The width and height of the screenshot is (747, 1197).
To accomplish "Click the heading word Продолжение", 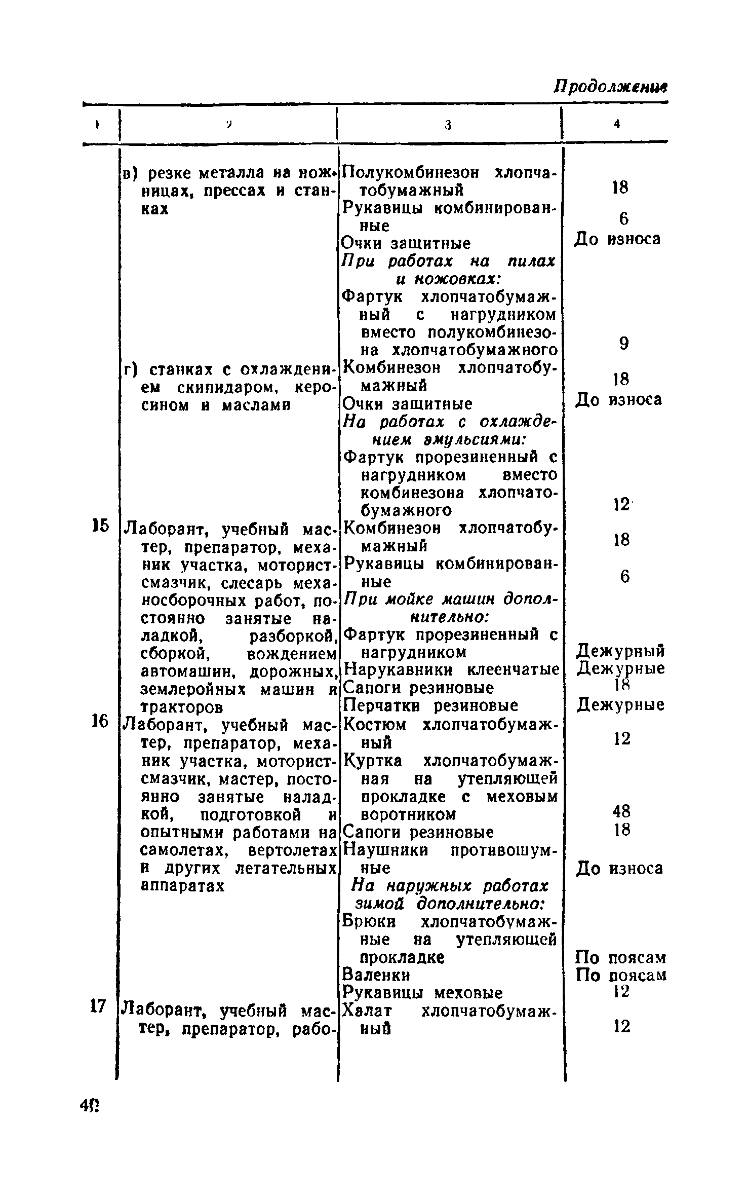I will [x=610, y=87].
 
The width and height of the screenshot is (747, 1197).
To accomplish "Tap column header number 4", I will [x=616, y=124].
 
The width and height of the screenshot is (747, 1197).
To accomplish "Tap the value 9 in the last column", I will [x=624, y=344].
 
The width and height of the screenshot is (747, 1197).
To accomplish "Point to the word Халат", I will [x=368, y=1011].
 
